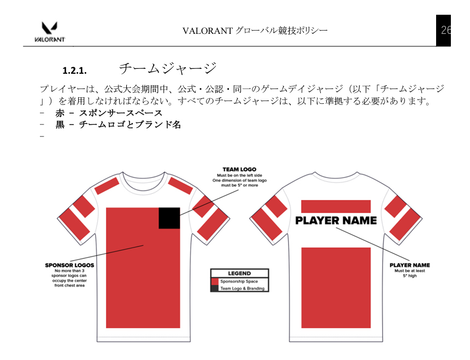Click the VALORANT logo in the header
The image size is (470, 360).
(x=50, y=32)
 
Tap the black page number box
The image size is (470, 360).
(x=443, y=30)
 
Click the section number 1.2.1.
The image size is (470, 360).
(x=75, y=70)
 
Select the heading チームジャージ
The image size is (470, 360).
(x=168, y=69)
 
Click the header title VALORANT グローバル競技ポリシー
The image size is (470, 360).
(x=255, y=31)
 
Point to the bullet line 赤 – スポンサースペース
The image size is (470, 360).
(x=109, y=113)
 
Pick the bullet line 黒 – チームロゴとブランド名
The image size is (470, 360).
(x=118, y=125)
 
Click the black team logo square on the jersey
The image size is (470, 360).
(x=169, y=218)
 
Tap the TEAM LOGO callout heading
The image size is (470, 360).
(x=239, y=169)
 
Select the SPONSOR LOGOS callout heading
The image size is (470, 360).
(x=69, y=265)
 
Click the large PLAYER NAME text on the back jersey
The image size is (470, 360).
(x=336, y=221)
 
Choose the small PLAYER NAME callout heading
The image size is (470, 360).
(x=410, y=265)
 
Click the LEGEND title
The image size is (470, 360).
(x=239, y=273)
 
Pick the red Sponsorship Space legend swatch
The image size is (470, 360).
(x=215, y=281)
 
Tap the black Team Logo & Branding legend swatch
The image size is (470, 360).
(x=215, y=288)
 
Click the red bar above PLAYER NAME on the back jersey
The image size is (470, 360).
(x=336, y=206)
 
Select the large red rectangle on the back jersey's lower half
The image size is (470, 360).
(x=336, y=287)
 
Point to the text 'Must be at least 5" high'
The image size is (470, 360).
(x=410, y=273)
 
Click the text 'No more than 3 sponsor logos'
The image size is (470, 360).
(x=69, y=273)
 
